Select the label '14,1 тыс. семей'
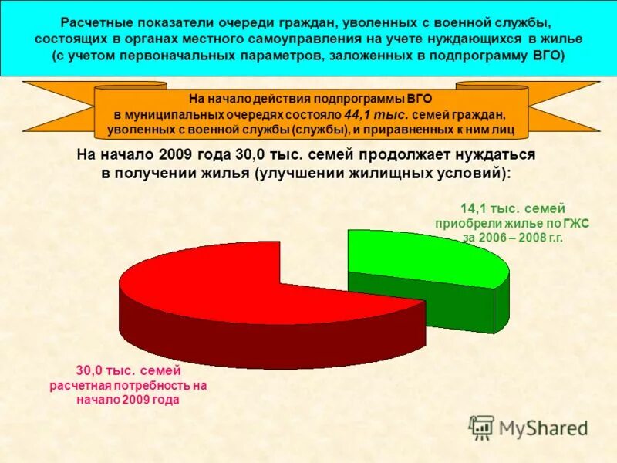[x=512, y=208]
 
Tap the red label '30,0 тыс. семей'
[x=128, y=370]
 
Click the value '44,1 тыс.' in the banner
[x=370, y=114]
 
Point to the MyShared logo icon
[x=482, y=427]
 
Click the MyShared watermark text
[x=544, y=428]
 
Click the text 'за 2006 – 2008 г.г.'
[x=513, y=238]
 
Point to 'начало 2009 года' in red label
[x=128, y=400]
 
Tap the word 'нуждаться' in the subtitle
[x=497, y=154]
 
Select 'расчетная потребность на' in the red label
[x=128, y=385]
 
